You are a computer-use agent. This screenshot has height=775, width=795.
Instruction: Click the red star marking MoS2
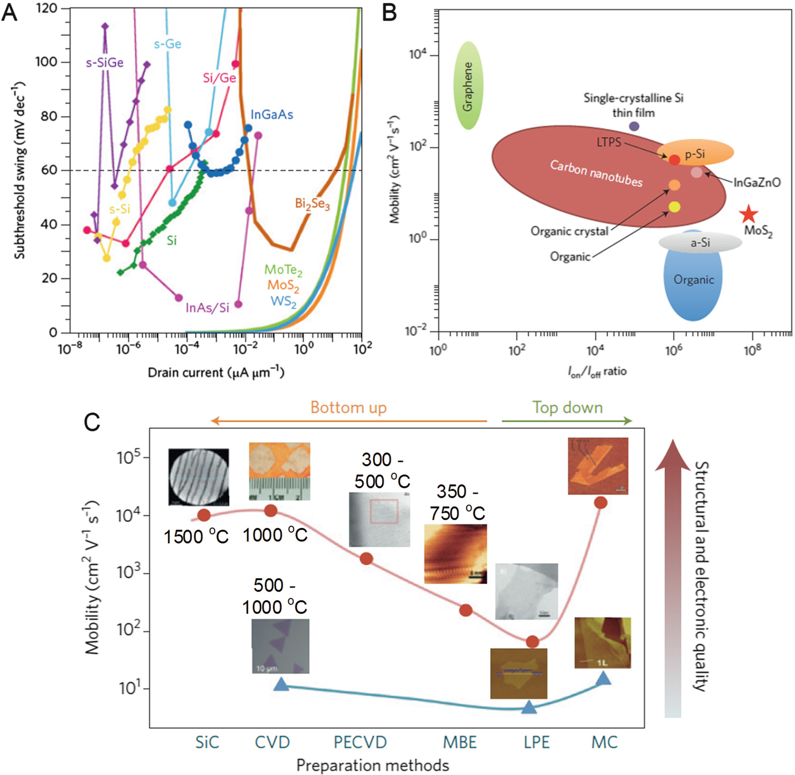pyautogui.click(x=748, y=215)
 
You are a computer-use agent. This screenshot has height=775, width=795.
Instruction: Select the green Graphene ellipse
pyautogui.click(x=468, y=85)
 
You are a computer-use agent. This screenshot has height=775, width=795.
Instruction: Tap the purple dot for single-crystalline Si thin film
pyautogui.click(x=634, y=126)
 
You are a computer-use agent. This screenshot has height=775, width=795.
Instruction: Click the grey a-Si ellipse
pyautogui.click(x=700, y=243)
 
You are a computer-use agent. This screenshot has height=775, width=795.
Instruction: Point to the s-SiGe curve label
pyautogui.click(x=105, y=63)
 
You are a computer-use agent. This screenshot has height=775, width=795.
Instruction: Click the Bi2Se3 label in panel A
pyautogui.click(x=312, y=204)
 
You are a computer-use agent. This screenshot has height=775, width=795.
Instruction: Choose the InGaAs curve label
pyautogui.click(x=272, y=114)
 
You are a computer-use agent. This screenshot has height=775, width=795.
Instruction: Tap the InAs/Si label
pyautogui.click(x=207, y=308)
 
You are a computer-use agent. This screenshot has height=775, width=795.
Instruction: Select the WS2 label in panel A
pyautogui.click(x=283, y=301)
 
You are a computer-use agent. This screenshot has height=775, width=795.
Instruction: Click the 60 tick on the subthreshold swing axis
pyautogui.click(x=49, y=170)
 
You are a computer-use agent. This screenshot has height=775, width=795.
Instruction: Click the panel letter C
pyautogui.click(x=92, y=422)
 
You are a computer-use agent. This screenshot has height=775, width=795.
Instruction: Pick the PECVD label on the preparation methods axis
pyautogui.click(x=360, y=742)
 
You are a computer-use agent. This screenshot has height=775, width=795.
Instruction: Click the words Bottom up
pyautogui.click(x=349, y=408)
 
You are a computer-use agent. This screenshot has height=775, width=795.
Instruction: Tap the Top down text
pyautogui.click(x=567, y=408)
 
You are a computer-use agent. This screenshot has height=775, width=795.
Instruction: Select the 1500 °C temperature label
pyautogui.click(x=196, y=537)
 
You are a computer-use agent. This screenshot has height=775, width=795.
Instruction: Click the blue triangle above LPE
pyautogui.click(x=529, y=707)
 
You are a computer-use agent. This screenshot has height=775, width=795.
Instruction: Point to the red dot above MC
pyautogui.click(x=601, y=502)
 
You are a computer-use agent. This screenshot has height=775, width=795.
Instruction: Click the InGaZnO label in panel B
pyautogui.click(x=756, y=182)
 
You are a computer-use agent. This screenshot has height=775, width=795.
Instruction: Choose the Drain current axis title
pyautogui.click(x=216, y=372)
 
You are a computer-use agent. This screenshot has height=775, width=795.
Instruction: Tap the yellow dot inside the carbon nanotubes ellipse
pyautogui.click(x=674, y=207)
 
